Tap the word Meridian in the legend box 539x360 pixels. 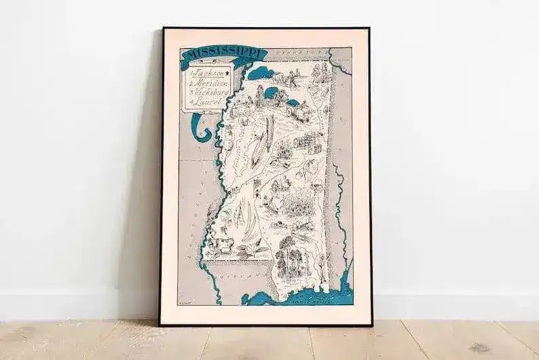click(212, 82)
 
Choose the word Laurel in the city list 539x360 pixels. click(206, 101)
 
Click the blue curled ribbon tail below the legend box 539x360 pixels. click(198, 126)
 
